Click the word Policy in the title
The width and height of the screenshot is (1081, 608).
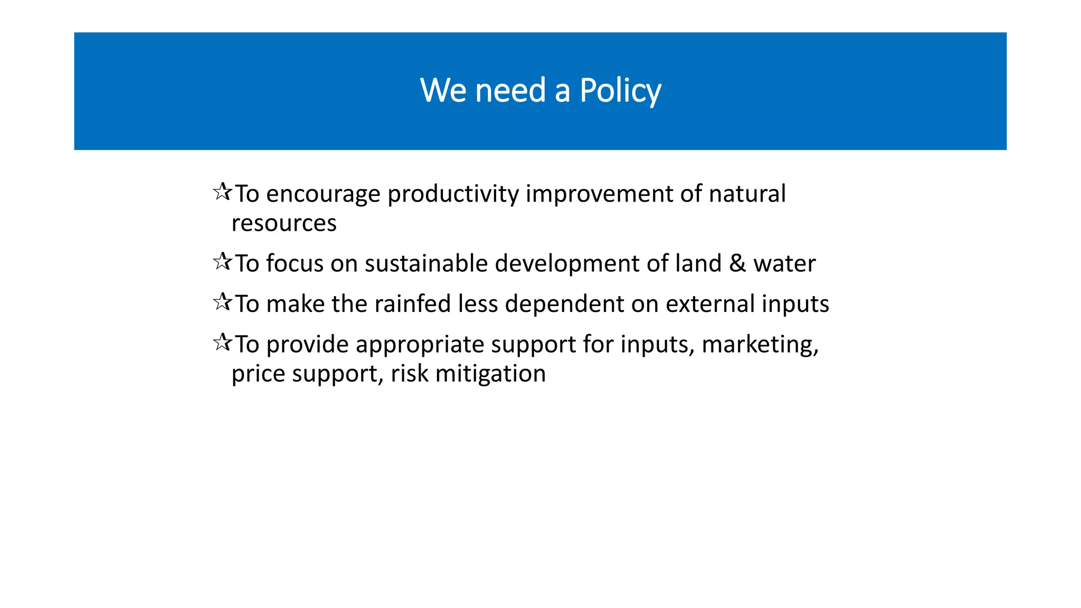[620, 91]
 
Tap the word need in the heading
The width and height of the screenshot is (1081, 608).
[510, 91]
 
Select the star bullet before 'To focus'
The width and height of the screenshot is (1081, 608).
[222, 261]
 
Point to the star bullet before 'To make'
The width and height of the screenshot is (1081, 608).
[222, 302]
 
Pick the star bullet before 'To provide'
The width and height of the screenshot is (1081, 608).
[222, 342]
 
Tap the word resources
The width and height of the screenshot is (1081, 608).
[284, 223]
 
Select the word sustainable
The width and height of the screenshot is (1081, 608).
[426, 263]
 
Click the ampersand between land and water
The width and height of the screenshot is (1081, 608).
[737, 263]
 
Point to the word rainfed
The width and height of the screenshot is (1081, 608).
[413, 304]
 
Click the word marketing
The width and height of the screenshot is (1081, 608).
[759, 345]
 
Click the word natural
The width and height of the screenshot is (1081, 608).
[747, 194]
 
